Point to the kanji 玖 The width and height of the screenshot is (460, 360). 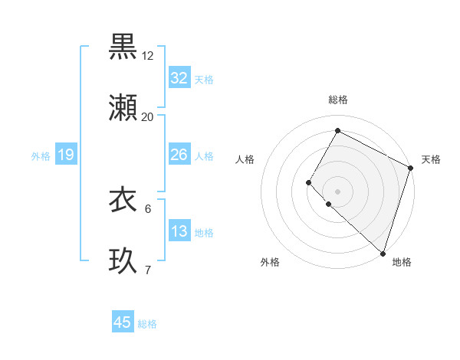tap(123, 260)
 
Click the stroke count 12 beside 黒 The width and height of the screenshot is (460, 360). tap(148, 56)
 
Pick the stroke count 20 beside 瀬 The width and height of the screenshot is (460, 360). tap(148, 117)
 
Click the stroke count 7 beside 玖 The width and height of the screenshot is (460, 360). tap(148, 270)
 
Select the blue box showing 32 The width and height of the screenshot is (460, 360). tap(179, 78)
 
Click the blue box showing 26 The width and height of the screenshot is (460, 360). tap(179, 155)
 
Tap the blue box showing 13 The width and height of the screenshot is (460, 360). tap(179, 231)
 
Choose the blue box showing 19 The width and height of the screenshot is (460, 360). tap(65, 155)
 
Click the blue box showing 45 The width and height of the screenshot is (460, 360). tap(123, 322)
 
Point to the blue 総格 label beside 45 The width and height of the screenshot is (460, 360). tap(147, 324)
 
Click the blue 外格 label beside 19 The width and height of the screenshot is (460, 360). tap(41, 156)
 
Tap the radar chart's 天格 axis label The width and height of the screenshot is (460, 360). tap(431, 159)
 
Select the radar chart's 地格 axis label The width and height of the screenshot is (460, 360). tap(402, 263)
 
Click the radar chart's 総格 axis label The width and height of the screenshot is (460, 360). tap(338, 100)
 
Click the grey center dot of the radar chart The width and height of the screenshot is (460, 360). tap(337, 191)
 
